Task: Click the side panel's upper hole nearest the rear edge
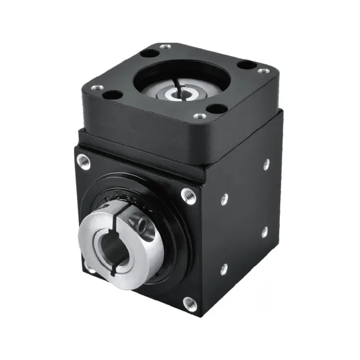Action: tap(266, 164)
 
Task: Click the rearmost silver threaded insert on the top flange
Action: tap(165, 47)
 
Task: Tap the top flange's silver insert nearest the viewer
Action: tap(199, 116)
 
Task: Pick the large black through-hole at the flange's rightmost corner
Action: tap(247, 64)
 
